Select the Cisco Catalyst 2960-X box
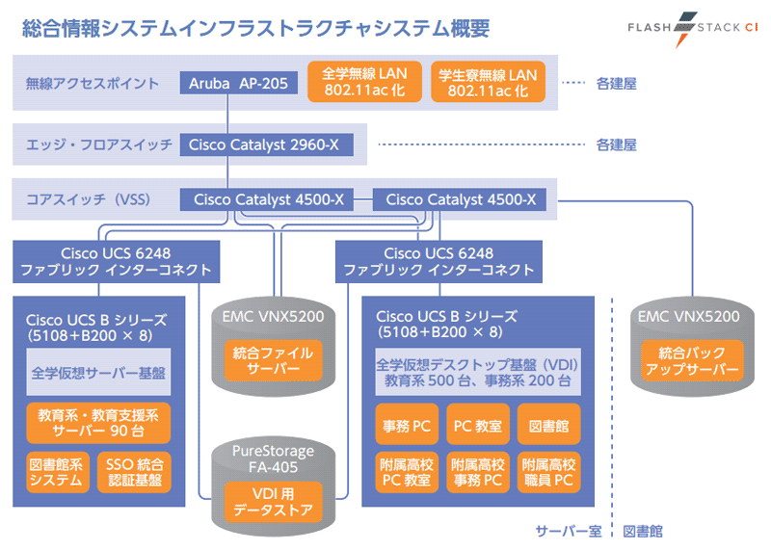click(265, 144)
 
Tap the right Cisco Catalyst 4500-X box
click(460, 200)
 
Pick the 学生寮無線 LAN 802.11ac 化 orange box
click(488, 82)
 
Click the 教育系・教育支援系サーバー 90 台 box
click(97, 422)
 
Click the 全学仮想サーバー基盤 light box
click(97, 372)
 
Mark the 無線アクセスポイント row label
click(93, 84)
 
